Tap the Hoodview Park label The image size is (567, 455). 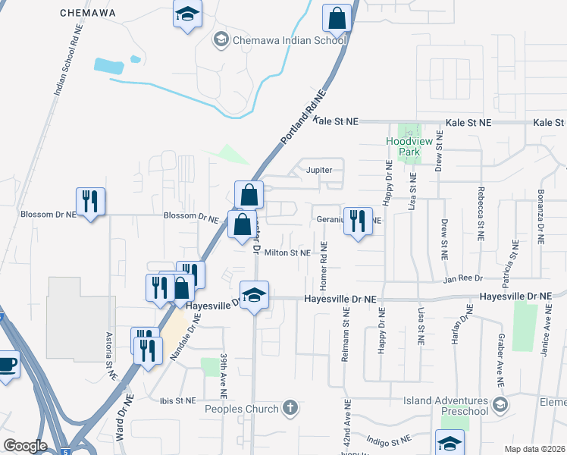click(x=403, y=146)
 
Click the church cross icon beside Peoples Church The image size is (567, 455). click(x=289, y=408)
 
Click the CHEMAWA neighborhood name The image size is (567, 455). click(x=87, y=13)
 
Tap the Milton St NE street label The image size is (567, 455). click(x=287, y=253)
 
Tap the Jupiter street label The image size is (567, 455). click(x=319, y=170)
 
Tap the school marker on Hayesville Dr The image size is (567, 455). click(x=255, y=295)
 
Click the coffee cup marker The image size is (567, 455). click(x=6, y=365)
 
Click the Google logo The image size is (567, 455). click(x=25, y=446)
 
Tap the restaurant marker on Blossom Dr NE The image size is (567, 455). click(x=90, y=202)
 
